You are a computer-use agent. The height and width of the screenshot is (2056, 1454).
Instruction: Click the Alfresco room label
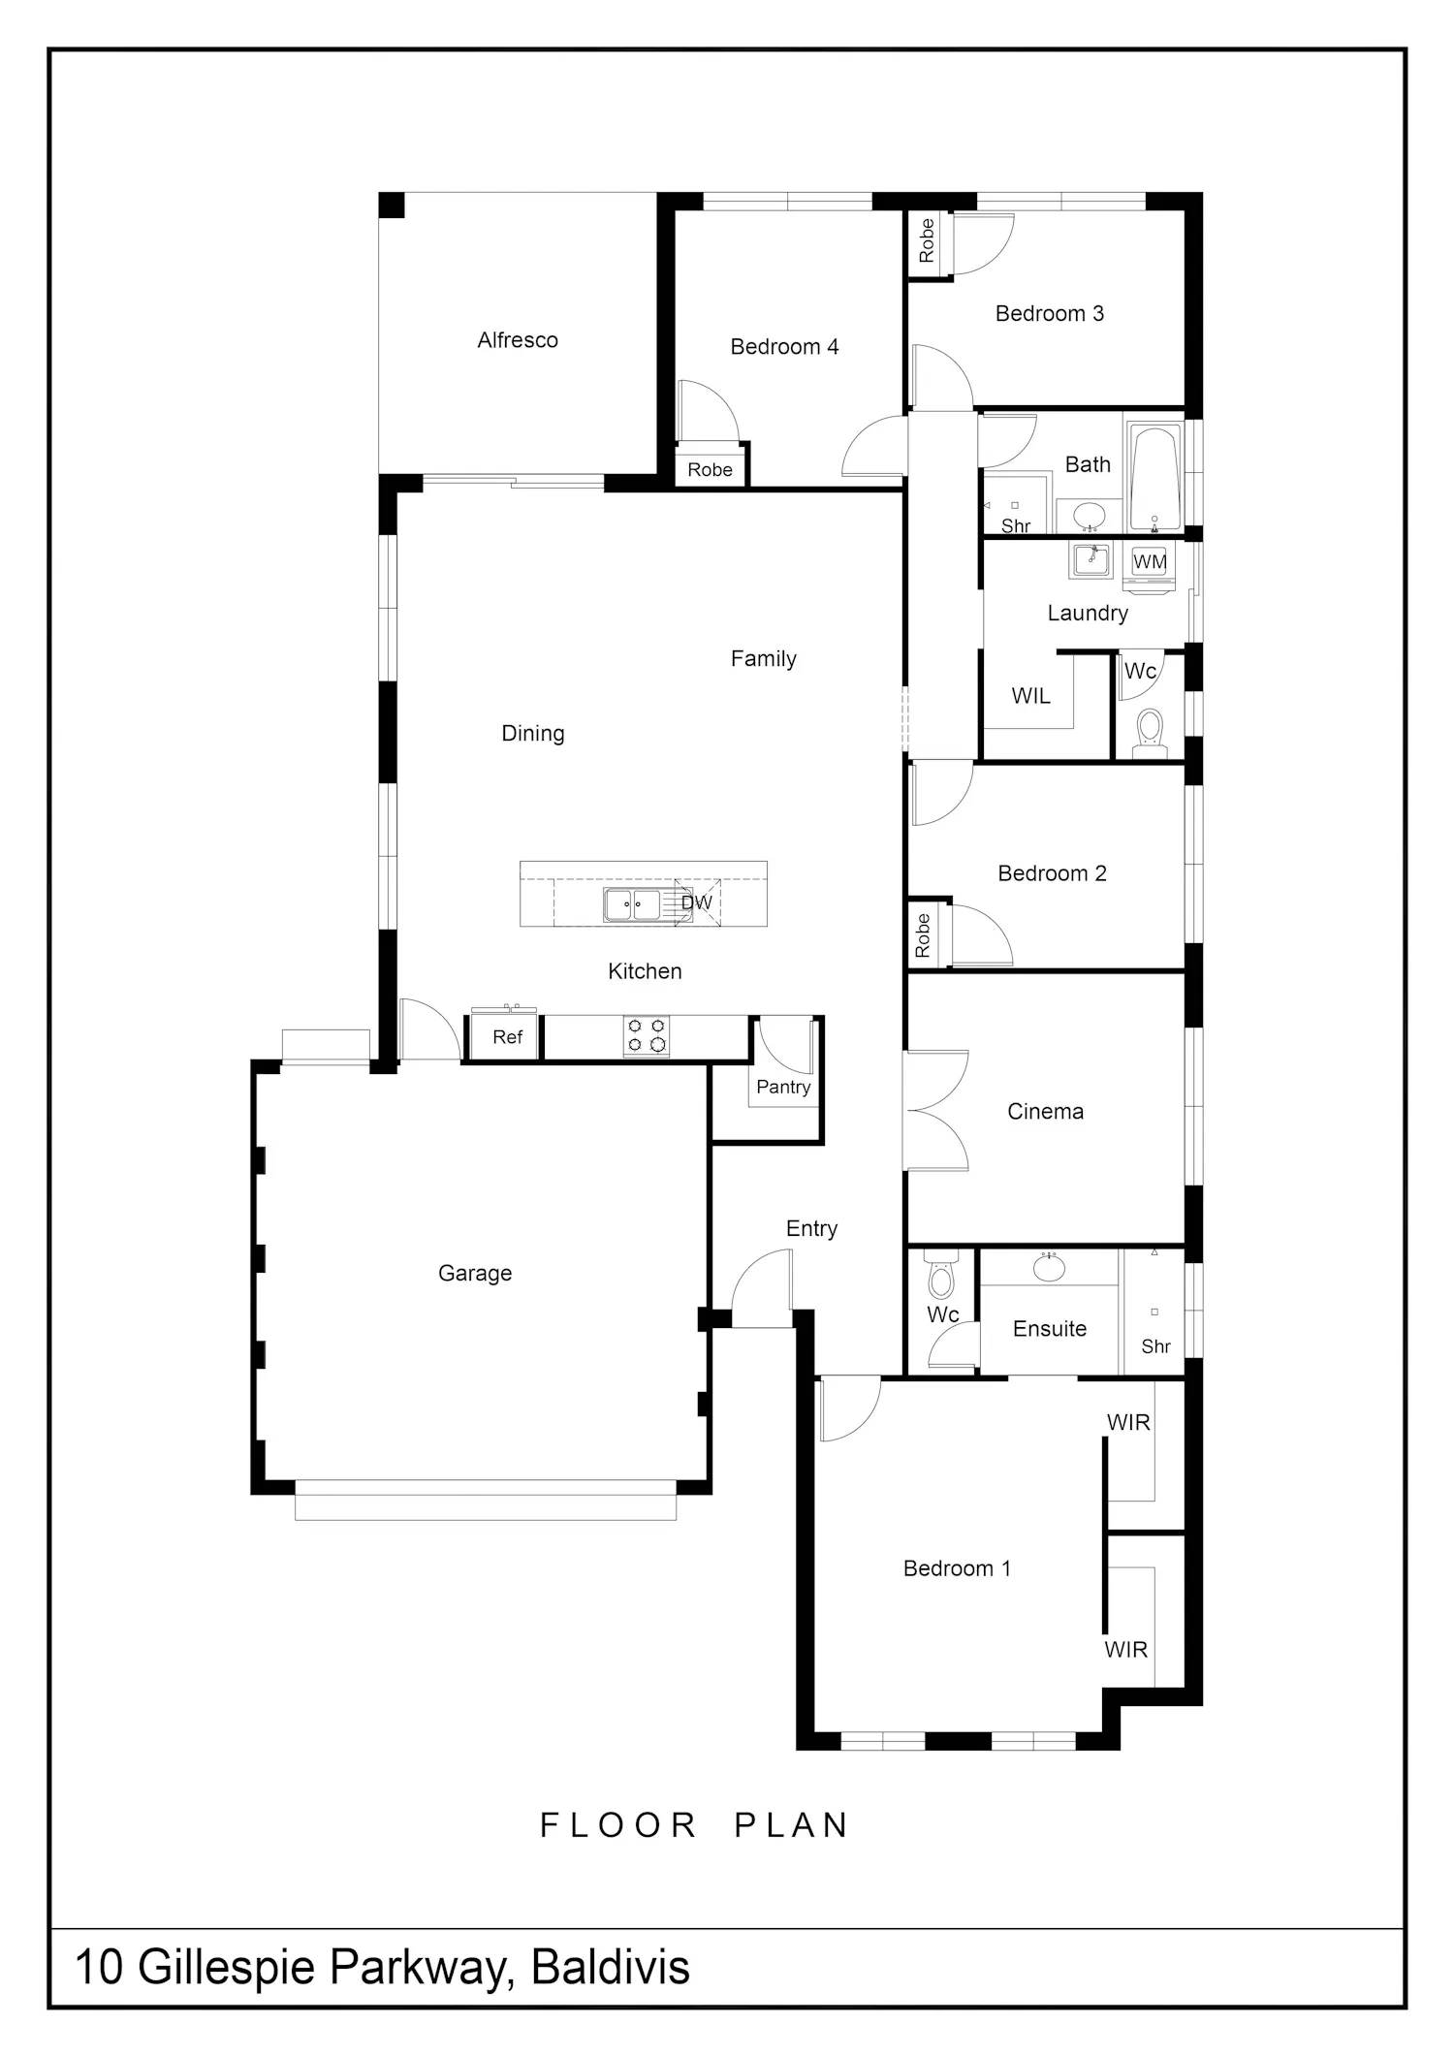(x=518, y=340)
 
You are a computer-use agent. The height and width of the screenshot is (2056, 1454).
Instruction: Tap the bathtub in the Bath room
(x=1154, y=475)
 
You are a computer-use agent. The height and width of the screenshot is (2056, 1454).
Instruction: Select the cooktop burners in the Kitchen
(x=647, y=1035)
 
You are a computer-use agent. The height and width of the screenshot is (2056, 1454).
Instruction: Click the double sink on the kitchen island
(x=633, y=904)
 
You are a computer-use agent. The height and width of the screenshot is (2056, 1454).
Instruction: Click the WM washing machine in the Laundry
(x=1150, y=567)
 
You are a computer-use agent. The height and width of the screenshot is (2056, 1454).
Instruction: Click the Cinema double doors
(x=936, y=1110)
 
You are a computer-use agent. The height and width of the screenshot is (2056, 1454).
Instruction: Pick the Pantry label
(x=783, y=1087)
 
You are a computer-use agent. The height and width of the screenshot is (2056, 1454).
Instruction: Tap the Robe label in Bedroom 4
(x=710, y=470)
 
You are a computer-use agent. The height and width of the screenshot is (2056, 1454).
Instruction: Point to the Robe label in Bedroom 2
(x=923, y=935)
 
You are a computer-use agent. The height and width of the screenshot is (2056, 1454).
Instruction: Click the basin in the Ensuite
(x=1049, y=1268)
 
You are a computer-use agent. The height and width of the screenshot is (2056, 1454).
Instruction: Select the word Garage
(x=475, y=1273)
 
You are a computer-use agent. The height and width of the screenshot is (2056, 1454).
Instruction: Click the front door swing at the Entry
(x=762, y=1287)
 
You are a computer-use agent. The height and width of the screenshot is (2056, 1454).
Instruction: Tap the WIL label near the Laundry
(x=1030, y=696)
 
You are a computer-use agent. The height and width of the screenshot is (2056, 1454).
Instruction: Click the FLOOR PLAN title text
(x=695, y=1825)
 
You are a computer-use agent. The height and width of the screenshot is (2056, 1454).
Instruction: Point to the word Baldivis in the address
(x=611, y=1967)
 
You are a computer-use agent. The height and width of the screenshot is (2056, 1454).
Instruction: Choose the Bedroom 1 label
(x=957, y=1568)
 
